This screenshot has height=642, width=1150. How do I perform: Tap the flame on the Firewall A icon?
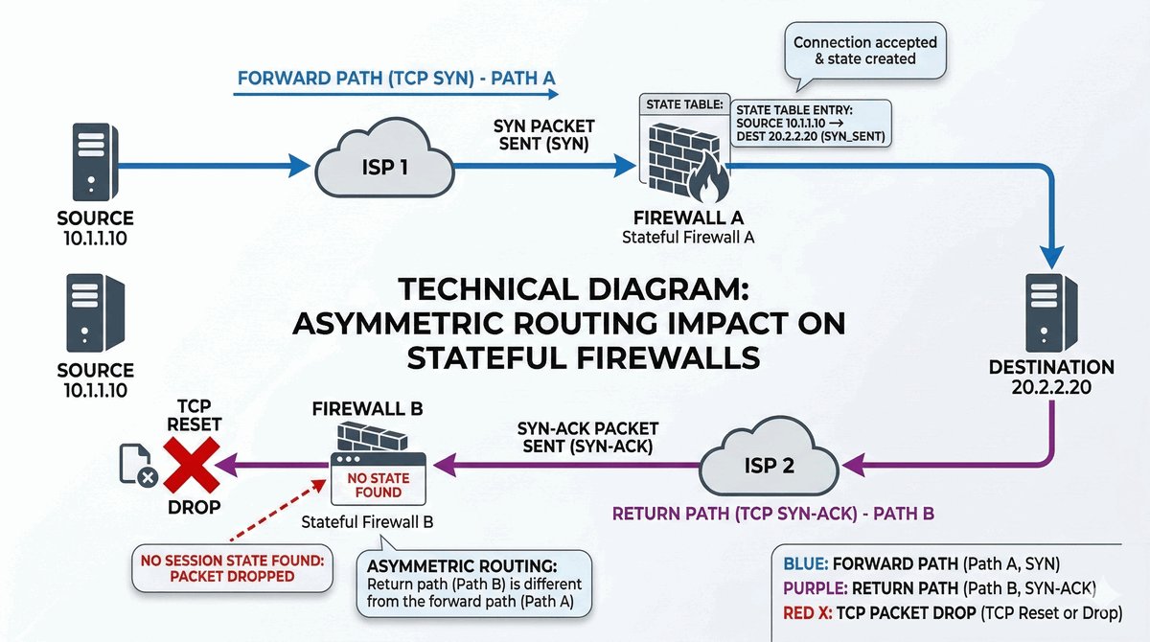point(712,175)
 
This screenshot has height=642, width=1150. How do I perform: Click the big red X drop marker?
point(191,466)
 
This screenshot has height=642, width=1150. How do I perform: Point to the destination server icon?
point(1051,312)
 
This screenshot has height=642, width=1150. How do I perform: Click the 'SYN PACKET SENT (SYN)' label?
point(543,135)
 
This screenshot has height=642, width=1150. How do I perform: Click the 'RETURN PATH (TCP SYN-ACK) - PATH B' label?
point(772,513)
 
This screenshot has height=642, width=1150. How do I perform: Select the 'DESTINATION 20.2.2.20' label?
point(1051,378)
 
